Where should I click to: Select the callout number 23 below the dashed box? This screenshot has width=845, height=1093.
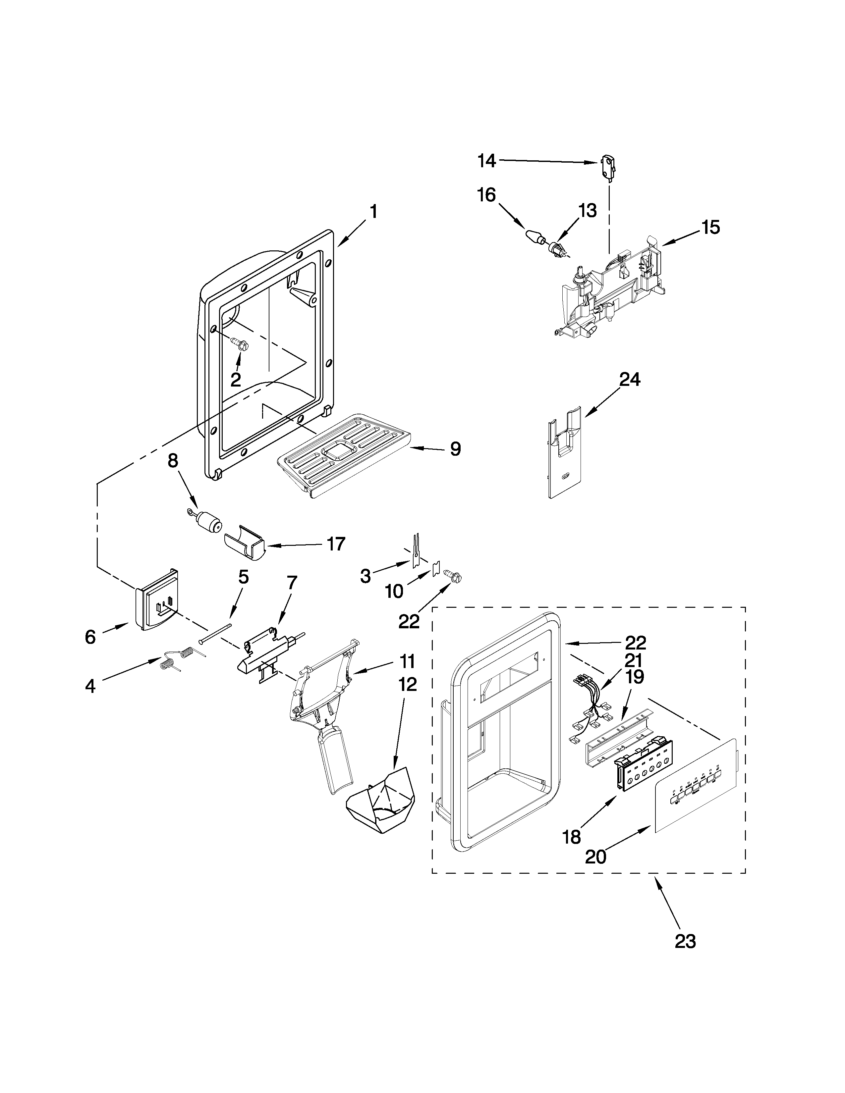(x=685, y=941)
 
